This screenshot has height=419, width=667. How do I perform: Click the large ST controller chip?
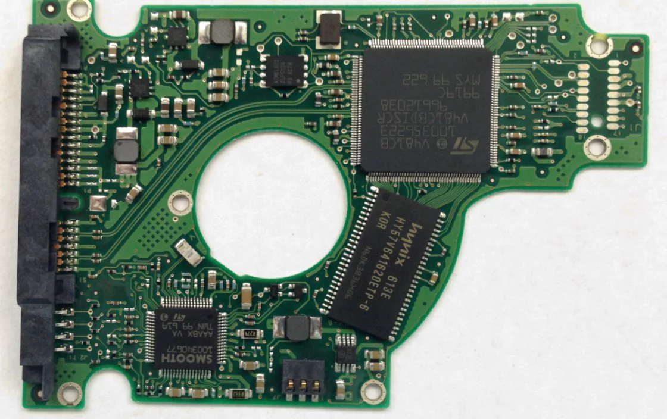pyautogui.click(x=426, y=110)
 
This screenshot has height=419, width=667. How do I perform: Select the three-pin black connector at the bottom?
pyautogui.click(x=303, y=379)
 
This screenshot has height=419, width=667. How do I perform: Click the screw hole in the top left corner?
pyautogui.click(x=79, y=8)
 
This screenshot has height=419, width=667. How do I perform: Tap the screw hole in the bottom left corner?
pyautogui.click(x=70, y=392)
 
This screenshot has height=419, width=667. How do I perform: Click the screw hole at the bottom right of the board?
pyautogui.click(x=373, y=391)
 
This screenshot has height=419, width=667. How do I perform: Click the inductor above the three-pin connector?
pyautogui.click(x=297, y=327)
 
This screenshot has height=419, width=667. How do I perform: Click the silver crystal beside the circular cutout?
pyautogui.click(x=190, y=253)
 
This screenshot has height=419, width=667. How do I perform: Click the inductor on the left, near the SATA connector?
pyautogui.click(x=126, y=151)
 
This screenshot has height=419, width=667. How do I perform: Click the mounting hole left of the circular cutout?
pyautogui.click(x=179, y=202)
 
